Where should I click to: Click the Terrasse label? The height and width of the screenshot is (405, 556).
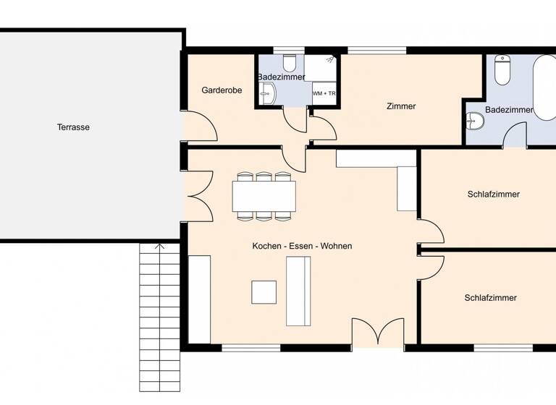click(73, 127)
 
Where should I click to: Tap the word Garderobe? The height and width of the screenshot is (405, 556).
click(221, 90)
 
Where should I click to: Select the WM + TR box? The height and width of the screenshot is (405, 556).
click(324, 93)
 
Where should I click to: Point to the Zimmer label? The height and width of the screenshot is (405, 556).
click(401, 106)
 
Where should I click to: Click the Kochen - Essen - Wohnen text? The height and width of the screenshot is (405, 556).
click(302, 246)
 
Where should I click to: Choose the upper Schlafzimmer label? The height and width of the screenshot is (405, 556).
click(493, 194)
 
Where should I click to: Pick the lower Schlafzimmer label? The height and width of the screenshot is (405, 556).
click(490, 297)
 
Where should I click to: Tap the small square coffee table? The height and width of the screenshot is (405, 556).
click(264, 291)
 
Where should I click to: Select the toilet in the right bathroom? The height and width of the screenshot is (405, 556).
click(502, 71)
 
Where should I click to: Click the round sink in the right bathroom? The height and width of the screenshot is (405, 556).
click(475, 121)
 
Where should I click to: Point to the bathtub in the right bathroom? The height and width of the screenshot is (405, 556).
click(544, 87)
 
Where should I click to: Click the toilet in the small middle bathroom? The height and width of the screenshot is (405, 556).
click(290, 61)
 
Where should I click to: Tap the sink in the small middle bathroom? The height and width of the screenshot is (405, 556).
click(266, 93)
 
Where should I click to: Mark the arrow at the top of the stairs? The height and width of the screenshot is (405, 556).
click(160, 247)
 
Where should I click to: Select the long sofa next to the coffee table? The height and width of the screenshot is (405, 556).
click(298, 291)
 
